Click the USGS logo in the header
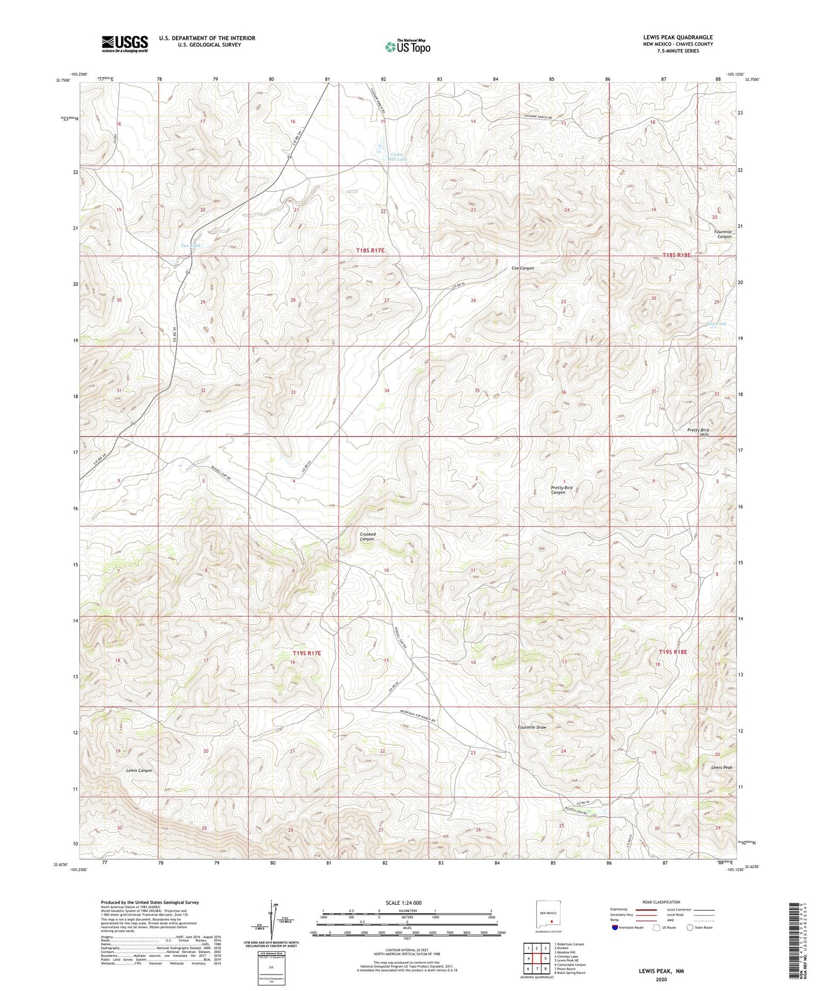click(x=125, y=44)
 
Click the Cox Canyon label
click(x=523, y=268)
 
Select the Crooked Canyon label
click(x=367, y=536)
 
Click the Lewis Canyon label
click(x=139, y=770)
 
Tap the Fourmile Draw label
click(x=532, y=727)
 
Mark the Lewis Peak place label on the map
click(x=721, y=767)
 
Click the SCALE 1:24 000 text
click(x=404, y=902)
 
